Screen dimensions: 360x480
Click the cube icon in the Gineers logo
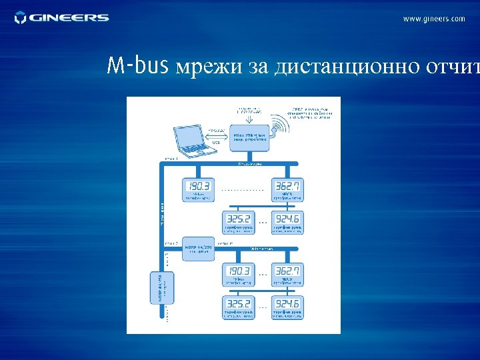[x=21, y=17]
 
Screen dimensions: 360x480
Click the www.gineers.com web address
[x=434, y=19]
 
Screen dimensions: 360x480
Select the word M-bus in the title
[x=139, y=66]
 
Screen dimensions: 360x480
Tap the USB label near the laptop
[x=216, y=143]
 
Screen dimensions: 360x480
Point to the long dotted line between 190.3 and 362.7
[x=243, y=189]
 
